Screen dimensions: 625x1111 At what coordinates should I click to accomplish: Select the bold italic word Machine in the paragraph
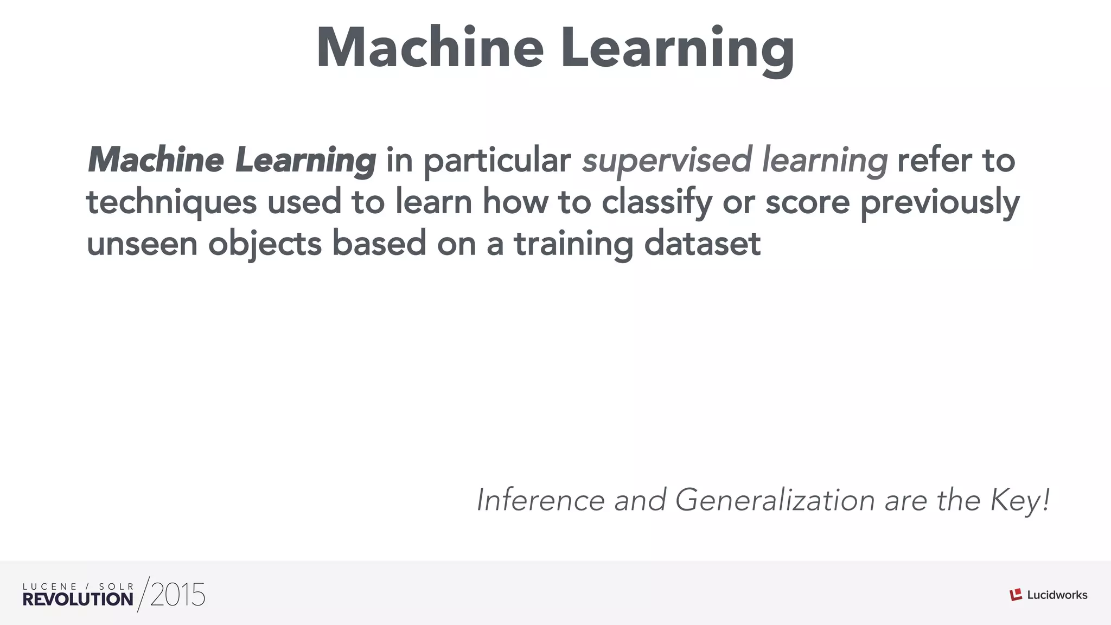tap(156, 160)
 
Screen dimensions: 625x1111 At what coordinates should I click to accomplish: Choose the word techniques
tap(171, 202)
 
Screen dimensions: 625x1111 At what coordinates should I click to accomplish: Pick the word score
tap(807, 202)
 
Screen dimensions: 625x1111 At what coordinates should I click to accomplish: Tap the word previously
tap(940, 202)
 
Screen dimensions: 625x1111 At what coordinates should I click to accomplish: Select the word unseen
tap(142, 244)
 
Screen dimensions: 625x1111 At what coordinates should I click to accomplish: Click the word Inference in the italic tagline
tap(540, 500)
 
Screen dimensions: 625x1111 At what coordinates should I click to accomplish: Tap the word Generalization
tap(775, 500)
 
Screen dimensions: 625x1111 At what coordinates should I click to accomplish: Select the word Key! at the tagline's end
tap(1020, 501)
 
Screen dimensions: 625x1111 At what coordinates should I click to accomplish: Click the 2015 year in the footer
tap(177, 595)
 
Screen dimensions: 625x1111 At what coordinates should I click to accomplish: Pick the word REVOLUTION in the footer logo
tap(78, 599)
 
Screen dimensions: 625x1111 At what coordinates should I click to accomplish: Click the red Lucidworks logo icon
tap(1016, 595)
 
